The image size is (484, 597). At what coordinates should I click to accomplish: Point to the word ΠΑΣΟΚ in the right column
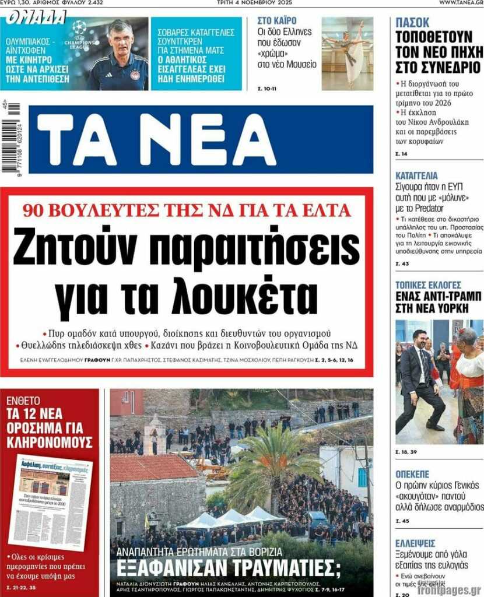click(x=412, y=23)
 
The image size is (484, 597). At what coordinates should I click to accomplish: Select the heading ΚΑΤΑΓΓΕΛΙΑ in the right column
click(x=416, y=175)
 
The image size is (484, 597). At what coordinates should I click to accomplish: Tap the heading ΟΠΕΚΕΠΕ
click(x=412, y=474)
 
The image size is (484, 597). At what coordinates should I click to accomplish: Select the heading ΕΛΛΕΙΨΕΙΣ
click(x=415, y=542)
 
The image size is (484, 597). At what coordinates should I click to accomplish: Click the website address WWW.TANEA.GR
click(x=460, y=3)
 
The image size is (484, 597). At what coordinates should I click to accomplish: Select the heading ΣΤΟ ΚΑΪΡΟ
click(x=277, y=20)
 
